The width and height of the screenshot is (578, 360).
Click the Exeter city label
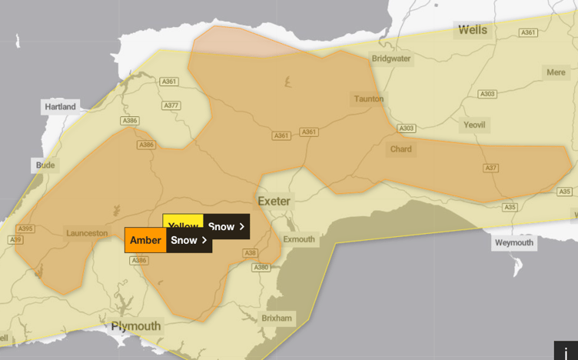[274, 202]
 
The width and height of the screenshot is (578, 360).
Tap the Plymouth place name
[136, 326]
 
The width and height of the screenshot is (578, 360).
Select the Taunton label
[368, 99]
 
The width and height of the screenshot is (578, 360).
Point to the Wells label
[473, 31]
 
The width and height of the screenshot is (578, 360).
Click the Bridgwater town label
[391, 58]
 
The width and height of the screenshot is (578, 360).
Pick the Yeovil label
[474, 125]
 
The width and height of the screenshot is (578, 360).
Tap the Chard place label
[400, 149]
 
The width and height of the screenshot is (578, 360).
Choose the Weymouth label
[513, 243]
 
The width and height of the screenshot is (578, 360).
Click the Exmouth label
[299, 239]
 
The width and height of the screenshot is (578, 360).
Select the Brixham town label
[276, 318]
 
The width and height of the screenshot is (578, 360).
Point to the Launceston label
[87, 233]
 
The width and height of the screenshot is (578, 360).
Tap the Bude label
[45, 165]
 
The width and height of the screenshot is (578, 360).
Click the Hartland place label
[60, 107]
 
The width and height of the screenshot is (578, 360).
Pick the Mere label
[555, 72]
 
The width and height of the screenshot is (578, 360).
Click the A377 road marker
[171, 105]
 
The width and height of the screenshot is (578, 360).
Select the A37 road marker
[490, 168]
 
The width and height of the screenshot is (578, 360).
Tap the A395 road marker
[25, 228]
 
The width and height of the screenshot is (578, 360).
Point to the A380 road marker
[261, 268]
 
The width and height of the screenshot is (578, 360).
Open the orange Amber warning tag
[145, 240]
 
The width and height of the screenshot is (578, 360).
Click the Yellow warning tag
[183, 226]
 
